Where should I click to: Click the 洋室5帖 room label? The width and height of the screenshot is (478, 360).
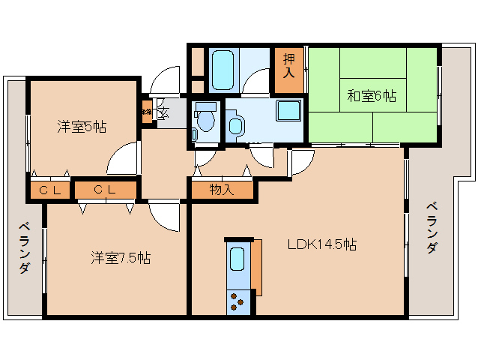[x=81, y=127]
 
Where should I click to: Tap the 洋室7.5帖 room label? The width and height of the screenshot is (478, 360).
[x=121, y=258]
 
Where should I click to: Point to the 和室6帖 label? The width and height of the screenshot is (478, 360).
[x=372, y=96]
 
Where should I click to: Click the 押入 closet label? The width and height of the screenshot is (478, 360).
[x=289, y=67]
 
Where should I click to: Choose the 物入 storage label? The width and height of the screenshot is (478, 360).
[x=221, y=190]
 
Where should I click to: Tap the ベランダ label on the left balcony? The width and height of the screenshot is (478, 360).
[x=25, y=248]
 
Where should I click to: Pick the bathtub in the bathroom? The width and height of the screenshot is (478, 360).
[x=223, y=69]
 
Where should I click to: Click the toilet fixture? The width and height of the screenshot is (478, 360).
[x=204, y=119]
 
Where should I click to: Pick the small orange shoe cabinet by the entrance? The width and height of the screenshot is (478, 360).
[x=147, y=112]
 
